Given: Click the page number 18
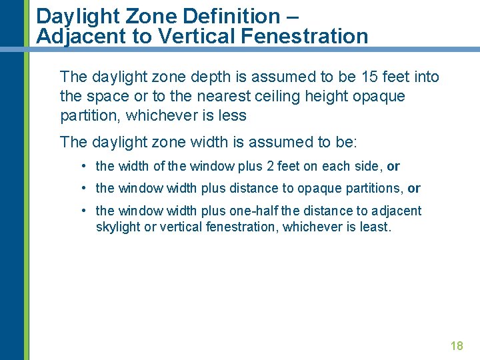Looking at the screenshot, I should pyautogui.click(x=457, y=345).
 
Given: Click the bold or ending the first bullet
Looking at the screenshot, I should pyautogui.click(x=393, y=167).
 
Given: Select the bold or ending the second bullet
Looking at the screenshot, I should pyautogui.click(x=414, y=189).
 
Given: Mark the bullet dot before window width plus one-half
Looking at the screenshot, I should pyautogui.click(x=84, y=211).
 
